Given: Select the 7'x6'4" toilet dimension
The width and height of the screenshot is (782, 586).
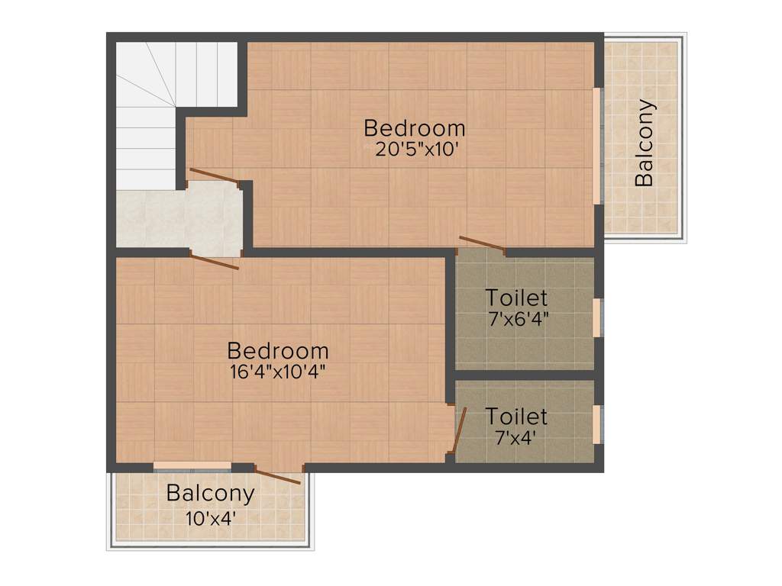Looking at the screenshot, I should tap(517, 318).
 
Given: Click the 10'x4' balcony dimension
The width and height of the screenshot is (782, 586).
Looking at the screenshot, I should tap(210, 518).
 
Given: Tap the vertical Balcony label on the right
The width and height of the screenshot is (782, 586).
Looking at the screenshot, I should tap(645, 143).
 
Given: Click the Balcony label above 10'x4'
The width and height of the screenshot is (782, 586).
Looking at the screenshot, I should tap(210, 493).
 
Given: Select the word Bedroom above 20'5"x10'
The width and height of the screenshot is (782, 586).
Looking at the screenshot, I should tap(414, 127).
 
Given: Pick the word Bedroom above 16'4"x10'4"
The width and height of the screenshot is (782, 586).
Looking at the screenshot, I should tap(278, 351).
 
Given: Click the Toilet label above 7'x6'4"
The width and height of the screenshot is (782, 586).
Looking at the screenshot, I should tap(517, 297).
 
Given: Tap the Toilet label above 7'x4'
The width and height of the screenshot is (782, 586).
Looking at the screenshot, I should tap(516, 417).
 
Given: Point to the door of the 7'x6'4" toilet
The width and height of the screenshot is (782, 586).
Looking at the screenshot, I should tap(481, 243).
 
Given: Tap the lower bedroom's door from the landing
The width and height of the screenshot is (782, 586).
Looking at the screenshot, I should tap(215, 262).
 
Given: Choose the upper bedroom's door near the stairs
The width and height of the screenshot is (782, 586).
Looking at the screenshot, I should tap(214, 175).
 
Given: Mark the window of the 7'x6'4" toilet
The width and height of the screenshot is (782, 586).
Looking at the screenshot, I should tap(597, 317).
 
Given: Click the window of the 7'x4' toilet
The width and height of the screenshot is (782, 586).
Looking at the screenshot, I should tap(597, 424).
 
